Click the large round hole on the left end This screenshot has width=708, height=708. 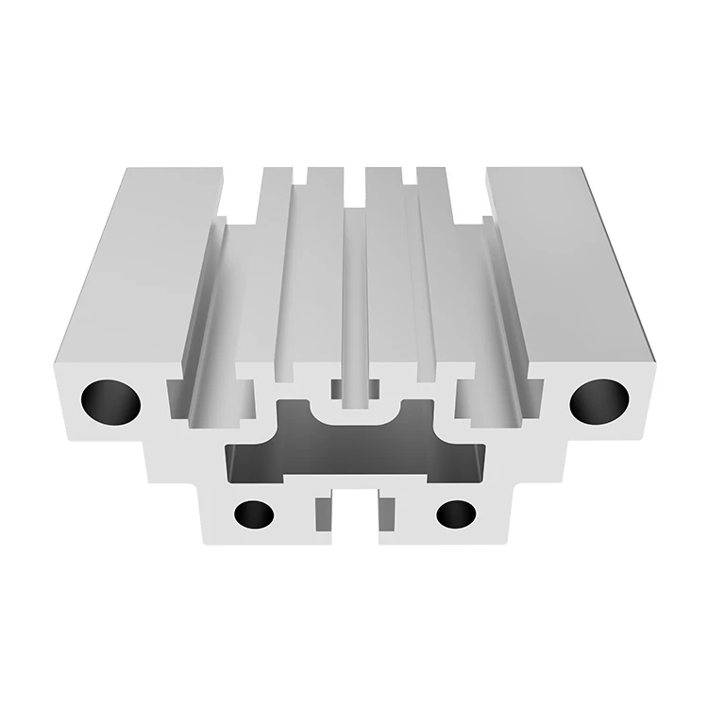click(110, 400)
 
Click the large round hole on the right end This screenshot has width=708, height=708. click(598, 400)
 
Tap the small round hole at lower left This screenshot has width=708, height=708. click(253, 514)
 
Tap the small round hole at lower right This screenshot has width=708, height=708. click(456, 514)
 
